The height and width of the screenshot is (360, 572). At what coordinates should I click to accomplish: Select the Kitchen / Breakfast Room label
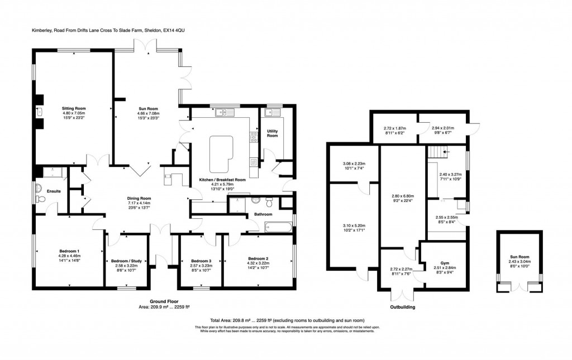pyautogui.click(x=223, y=180)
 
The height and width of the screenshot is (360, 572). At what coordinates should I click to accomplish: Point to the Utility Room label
pyautogui.click(x=272, y=133)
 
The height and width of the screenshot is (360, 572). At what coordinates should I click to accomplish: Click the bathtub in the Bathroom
pyautogui.click(x=278, y=226)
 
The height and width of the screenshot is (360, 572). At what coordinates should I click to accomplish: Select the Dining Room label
pyautogui.click(x=138, y=198)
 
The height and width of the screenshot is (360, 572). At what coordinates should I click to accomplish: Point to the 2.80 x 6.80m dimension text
pyautogui.click(x=402, y=196)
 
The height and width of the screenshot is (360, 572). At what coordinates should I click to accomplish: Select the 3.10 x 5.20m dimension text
pyautogui.click(x=354, y=225)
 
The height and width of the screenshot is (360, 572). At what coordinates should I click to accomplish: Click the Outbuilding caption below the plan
pyautogui.click(x=402, y=307)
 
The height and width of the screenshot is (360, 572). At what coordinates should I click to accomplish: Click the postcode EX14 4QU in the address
pyautogui.click(x=175, y=31)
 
